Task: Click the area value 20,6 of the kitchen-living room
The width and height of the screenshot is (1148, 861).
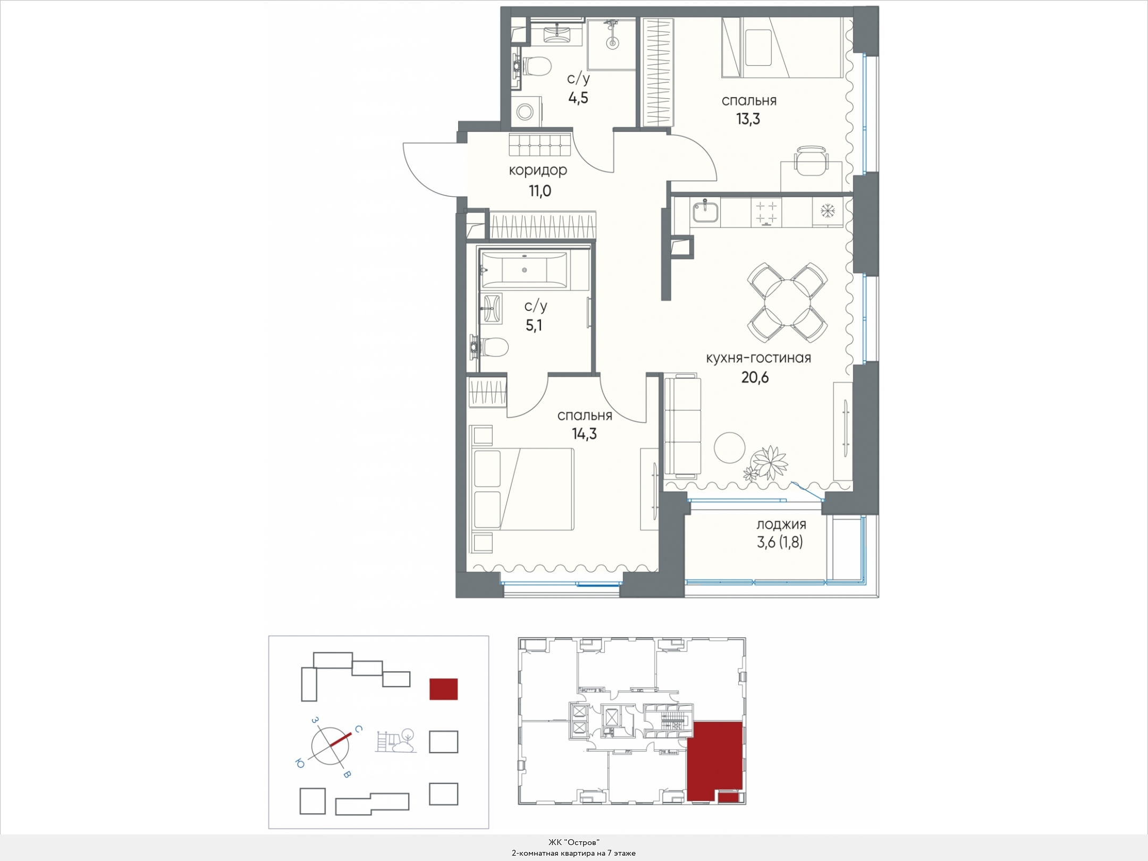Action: (755, 377)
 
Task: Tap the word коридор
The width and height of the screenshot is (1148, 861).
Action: (538, 171)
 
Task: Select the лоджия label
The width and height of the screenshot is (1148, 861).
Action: (781, 525)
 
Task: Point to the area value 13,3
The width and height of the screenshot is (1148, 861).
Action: (748, 119)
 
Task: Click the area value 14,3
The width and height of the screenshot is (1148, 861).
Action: (584, 434)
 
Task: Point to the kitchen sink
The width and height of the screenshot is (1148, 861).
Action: (706, 212)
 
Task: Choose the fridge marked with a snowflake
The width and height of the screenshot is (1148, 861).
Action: (828, 212)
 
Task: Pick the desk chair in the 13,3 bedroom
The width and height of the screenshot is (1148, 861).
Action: (812, 160)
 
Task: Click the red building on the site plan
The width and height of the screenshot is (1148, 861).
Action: (443, 689)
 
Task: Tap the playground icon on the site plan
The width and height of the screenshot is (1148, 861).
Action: (395, 740)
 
